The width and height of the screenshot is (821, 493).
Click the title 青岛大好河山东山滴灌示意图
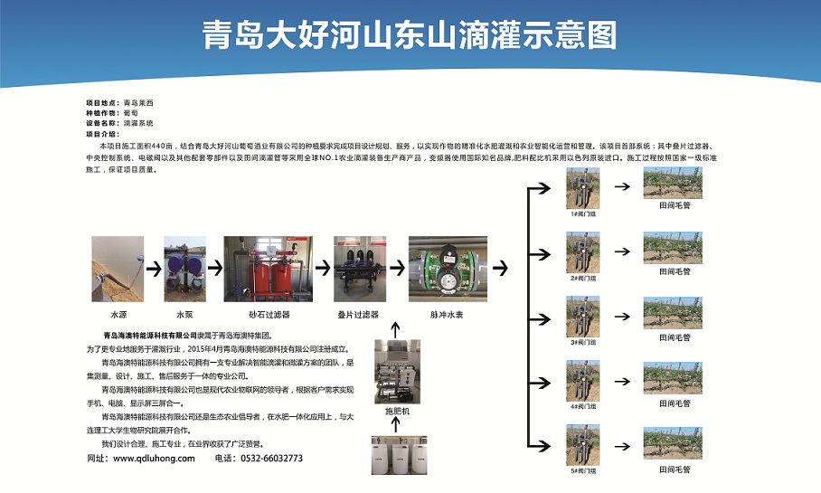tap(410, 35)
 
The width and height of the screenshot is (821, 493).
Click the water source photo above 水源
tap(118, 269)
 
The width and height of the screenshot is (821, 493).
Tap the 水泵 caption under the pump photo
tap(184, 314)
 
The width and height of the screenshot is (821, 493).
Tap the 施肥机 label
tap(398, 411)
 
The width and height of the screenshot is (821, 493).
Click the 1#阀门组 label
tap(582, 214)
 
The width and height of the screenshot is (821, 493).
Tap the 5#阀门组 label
tap(582, 469)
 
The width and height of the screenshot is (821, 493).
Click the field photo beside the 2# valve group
tap(673, 247)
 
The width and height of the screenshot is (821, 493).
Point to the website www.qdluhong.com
tap(154, 458)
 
